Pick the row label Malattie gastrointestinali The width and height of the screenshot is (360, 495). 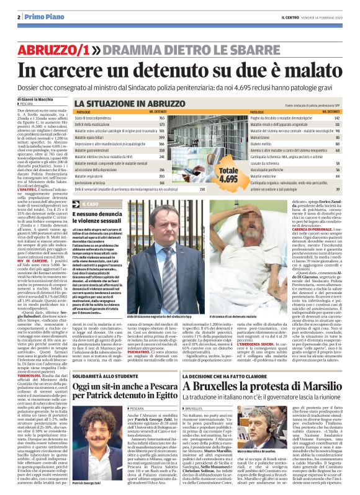tap(95, 150)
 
